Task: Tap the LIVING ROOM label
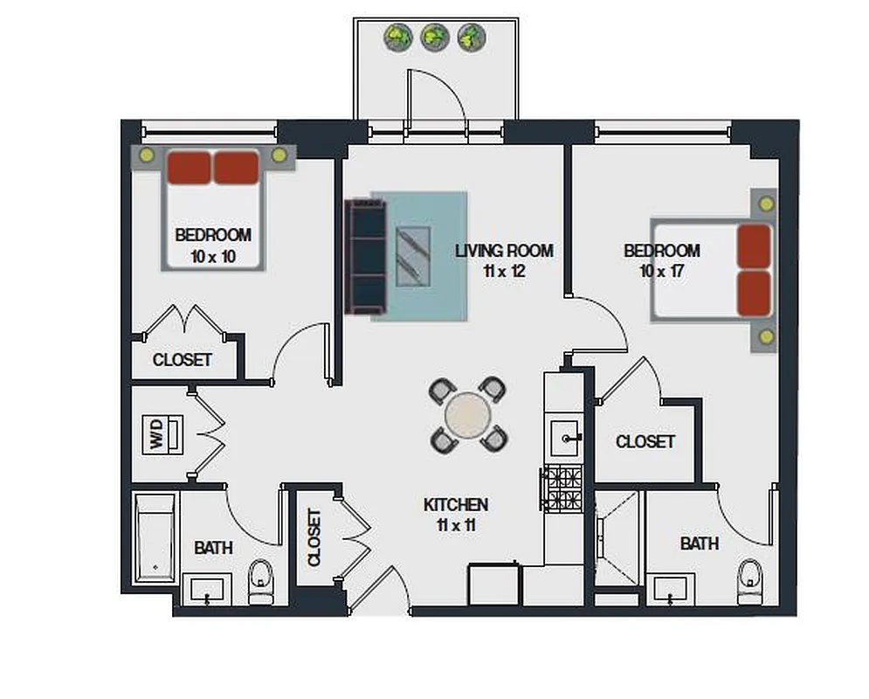click(x=504, y=252)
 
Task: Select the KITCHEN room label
click(x=455, y=505)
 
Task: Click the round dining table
click(x=468, y=414)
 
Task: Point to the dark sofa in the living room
click(x=366, y=257)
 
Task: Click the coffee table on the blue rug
click(x=412, y=256)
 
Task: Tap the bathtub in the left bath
click(x=155, y=537)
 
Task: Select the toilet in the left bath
click(x=260, y=582)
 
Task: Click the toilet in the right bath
click(x=750, y=582)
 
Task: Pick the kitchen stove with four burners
click(x=562, y=488)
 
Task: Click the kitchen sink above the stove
click(x=566, y=433)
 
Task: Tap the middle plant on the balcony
click(x=434, y=37)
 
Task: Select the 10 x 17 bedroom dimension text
click(x=661, y=271)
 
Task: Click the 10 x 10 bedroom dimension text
click(x=213, y=257)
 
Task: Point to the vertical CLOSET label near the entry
click(x=314, y=537)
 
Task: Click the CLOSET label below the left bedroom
click(x=182, y=360)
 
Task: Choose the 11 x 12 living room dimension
click(x=504, y=271)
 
